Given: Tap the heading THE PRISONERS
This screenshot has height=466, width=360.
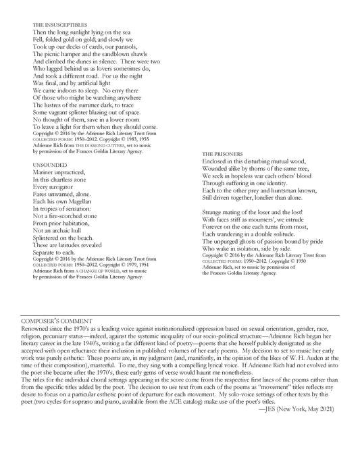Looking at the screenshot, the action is (223, 154).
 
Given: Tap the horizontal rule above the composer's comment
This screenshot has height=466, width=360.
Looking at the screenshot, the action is (180, 314).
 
